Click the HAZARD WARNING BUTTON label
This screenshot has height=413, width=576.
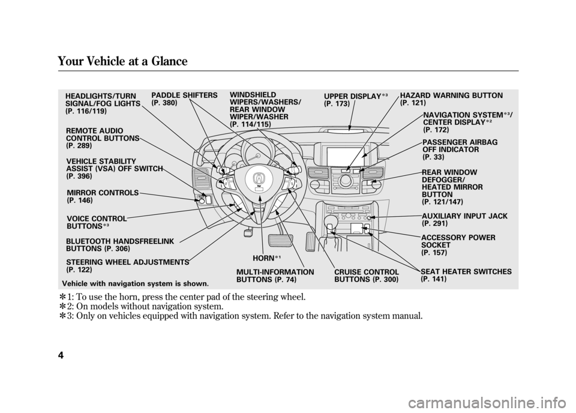tap(451, 96)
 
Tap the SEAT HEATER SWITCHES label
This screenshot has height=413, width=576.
tap(466, 272)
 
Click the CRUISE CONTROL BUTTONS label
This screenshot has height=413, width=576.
tap(367, 276)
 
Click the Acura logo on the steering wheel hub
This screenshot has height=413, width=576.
tap(259, 178)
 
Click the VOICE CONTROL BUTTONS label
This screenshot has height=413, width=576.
tap(97, 222)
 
